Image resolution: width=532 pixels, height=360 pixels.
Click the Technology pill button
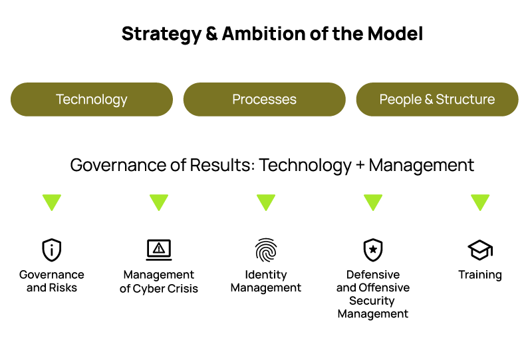pyautogui.click(x=92, y=100)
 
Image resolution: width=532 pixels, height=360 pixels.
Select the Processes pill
pyautogui.click(x=264, y=100)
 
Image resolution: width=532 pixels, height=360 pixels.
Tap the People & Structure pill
pyautogui.click(x=437, y=100)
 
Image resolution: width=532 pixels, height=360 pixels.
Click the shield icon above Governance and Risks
pyautogui.click(x=52, y=250)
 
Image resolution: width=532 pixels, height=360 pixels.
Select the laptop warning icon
pyautogui.click(x=159, y=250)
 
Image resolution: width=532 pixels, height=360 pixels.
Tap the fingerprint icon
pyautogui.click(x=266, y=250)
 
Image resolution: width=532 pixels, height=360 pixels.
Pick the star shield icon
pyautogui.click(x=373, y=250)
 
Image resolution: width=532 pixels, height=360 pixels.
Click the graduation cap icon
pyautogui.click(x=480, y=250)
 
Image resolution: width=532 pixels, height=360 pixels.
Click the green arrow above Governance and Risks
pyautogui.click(x=52, y=202)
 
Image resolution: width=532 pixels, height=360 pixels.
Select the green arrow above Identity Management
pyautogui.click(x=266, y=202)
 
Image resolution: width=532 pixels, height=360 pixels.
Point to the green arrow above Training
pyautogui.click(x=480, y=202)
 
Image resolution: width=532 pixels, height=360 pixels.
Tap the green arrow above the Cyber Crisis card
pyautogui.click(x=159, y=202)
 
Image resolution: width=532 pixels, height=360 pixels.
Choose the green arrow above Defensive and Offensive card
pyautogui.click(x=373, y=202)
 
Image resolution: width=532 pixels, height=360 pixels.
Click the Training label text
pyautogui.click(x=480, y=275)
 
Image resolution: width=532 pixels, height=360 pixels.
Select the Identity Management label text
pyautogui.click(x=266, y=281)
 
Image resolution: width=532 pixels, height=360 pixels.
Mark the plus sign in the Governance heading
pyautogui.click(x=360, y=166)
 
